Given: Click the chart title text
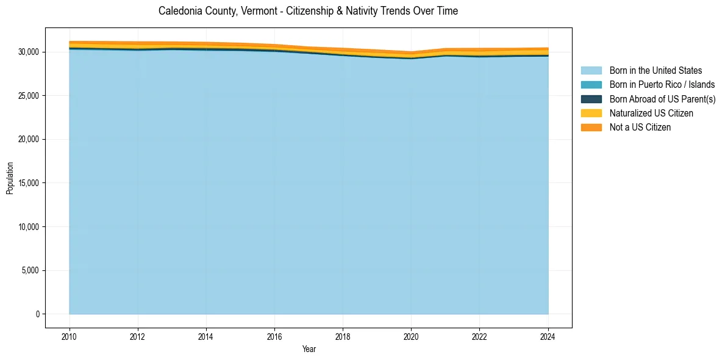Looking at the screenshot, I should tap(308, 11).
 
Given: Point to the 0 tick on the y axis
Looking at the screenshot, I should tap(37, 314).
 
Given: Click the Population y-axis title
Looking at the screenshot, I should tap(10, 178).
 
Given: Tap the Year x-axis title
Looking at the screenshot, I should tap(309, 349).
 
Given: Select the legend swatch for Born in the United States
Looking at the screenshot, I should tap(591, 71).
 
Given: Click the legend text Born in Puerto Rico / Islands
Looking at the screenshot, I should tap(662, 85).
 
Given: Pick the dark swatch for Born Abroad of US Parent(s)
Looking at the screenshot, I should tap(591, 99).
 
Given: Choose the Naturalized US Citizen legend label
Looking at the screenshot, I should tap(651, 113).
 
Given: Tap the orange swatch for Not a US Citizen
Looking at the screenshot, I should tap(591, 128).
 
